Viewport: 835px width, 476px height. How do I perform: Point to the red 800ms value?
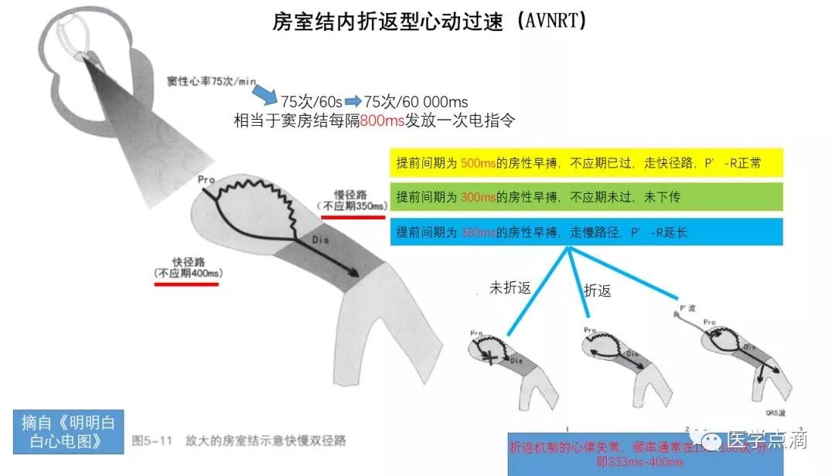pyautogui.click(x=382, y=121)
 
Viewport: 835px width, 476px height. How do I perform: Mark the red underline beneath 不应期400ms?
pyautogui.click(x=186, y=284)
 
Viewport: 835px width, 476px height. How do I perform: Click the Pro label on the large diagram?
pyautogui.click(x=206, y=180)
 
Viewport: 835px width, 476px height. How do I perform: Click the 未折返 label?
pyautogui.click(x=510, y=288)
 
